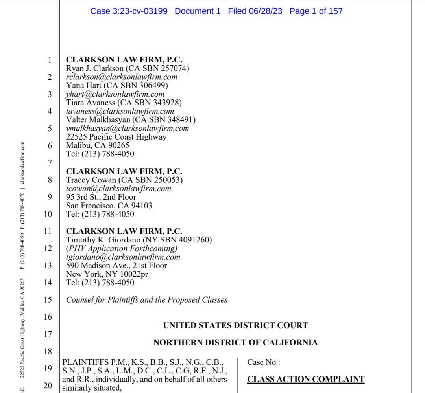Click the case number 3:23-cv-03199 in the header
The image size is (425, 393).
[129, 11]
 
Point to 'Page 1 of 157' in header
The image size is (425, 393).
[316, 11]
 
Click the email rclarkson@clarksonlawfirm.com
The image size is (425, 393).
[122, 77]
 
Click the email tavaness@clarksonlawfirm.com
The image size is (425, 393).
[120, 111]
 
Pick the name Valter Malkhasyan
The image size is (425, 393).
[100, 119]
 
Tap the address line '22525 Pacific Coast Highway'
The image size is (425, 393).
[116, 137]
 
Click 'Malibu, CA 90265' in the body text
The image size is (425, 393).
[98, 145]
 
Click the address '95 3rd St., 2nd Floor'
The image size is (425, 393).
[101, 197]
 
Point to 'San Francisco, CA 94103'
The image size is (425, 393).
[109, 206]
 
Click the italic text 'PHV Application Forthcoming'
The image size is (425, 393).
[122, 248]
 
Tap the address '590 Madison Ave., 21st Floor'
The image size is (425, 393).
[116, 266]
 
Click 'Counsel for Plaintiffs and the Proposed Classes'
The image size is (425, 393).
[147, 300]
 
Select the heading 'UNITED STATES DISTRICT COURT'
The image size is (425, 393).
[235, 325]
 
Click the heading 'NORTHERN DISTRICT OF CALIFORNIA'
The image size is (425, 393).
[235, 343]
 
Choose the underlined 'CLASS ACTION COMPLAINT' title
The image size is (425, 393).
[306, 379]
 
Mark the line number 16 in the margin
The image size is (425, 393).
[48, 317]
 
